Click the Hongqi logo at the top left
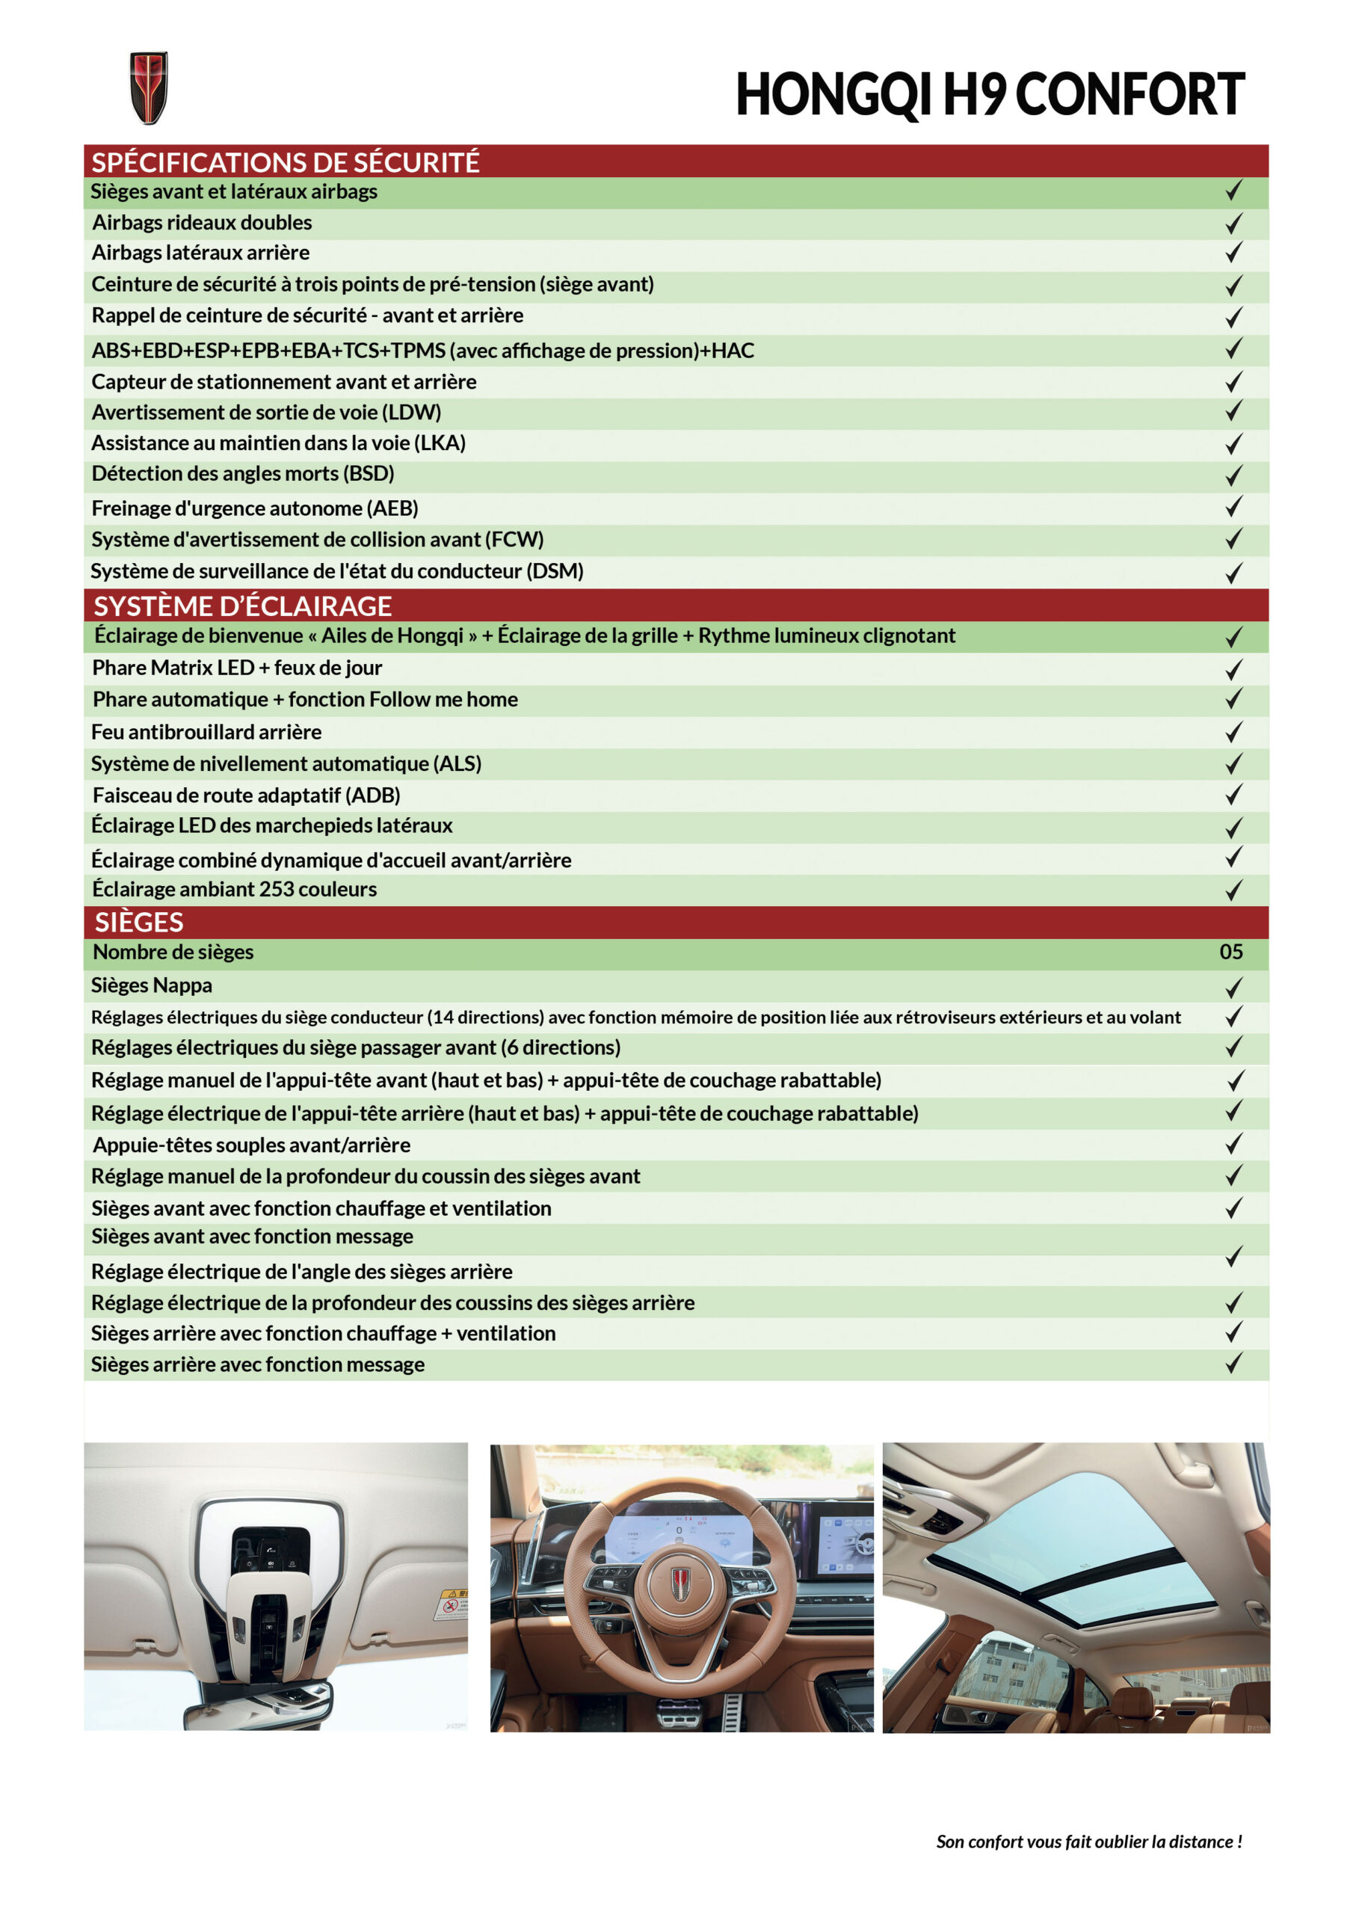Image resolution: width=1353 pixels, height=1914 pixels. coord(149,87)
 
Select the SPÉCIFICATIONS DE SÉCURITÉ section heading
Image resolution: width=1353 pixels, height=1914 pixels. coord(285,161)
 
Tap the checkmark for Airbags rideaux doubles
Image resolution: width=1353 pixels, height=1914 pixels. coord(1233,224)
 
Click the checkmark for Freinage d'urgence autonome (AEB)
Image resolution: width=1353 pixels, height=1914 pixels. coord(1233,507)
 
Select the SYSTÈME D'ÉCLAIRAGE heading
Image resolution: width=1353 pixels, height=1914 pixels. coord(243,606)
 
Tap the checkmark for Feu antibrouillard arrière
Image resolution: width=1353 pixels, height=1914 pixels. coord(1233,732)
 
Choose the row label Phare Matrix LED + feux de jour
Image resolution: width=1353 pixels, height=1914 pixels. coord(237,668)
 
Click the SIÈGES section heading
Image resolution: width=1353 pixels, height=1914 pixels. coord(138,923)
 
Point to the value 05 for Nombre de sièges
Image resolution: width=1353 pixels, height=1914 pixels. coord(1230,952)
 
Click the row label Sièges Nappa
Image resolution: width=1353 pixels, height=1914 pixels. coord(152,985)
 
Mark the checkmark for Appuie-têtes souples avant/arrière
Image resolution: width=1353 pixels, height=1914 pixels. coord(1233,1144)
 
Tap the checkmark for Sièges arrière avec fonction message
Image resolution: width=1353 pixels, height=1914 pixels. coord(1233,1364)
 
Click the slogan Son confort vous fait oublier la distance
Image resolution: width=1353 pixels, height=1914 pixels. coord(1088,1841)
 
